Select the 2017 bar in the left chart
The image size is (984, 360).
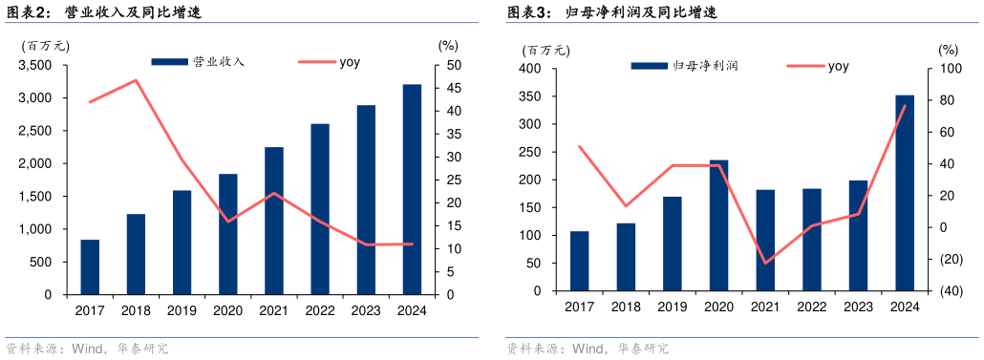point(90,266)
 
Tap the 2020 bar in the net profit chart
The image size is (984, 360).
point(718,225)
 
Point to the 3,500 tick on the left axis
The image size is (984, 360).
point(34,65)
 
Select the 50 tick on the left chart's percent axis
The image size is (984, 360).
point(447,65)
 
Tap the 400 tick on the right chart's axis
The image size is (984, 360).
point(530,69)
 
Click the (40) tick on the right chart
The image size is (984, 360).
point(950,291)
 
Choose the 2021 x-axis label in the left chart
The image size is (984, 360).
point(273,309)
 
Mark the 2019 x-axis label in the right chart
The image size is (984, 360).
point(672,306)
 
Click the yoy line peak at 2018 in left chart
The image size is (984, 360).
point(136,80)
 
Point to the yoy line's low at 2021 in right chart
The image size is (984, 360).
point(765,264)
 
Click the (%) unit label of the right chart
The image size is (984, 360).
point(947,49)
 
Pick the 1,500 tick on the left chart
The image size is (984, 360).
point(34,197)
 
